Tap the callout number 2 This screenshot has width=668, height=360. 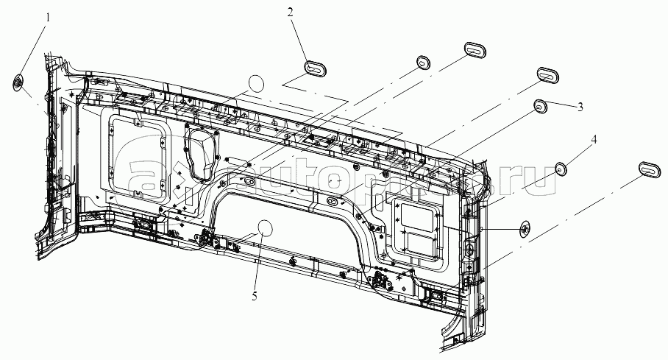click(291, 13)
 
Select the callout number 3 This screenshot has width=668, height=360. click(580, 107)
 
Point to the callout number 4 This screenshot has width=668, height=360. click(594, 138)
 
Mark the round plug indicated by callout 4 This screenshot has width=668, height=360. click(561, 169)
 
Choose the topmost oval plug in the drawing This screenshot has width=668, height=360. click(475, 50)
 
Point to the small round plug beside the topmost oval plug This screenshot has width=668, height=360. click(424, 60)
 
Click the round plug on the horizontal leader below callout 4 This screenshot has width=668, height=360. click(525, 229)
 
